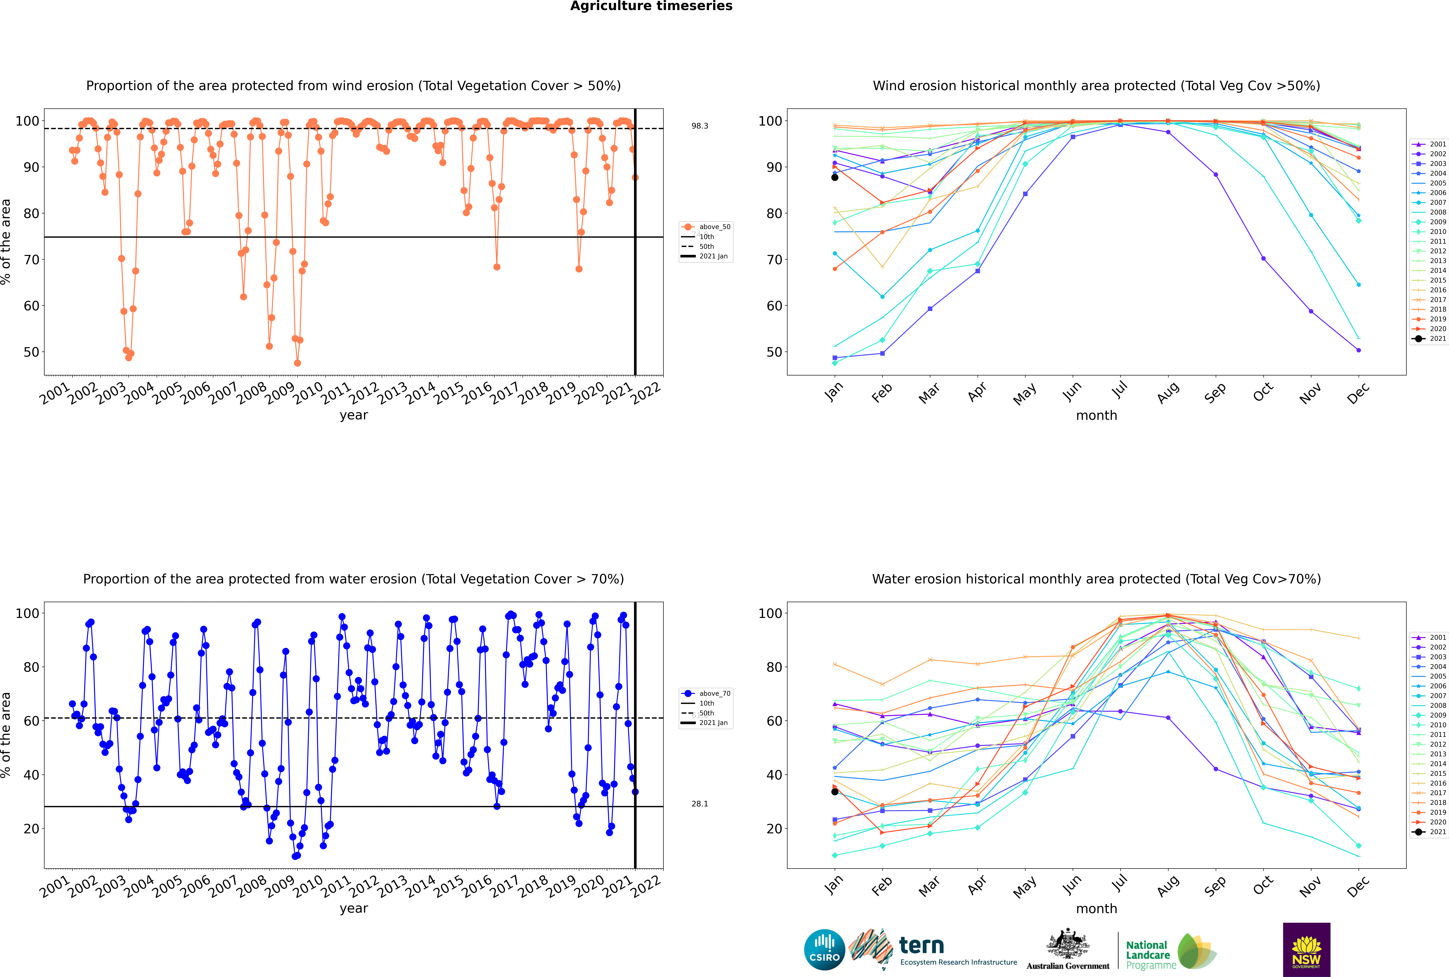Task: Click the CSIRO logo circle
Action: [x=824, y=950]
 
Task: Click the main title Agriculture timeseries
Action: [x=651, y=6]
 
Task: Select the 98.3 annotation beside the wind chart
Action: [x=700, y=126]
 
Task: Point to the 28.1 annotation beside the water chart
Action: [x=700, y=804]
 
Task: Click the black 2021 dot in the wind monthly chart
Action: [x=835, y=178]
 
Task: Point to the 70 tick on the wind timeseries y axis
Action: [x=31, y=260]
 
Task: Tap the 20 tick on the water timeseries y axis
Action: [x=31, y=829]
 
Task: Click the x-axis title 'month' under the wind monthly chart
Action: [x=1096, y=416]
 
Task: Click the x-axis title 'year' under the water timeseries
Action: [x=353, y=908]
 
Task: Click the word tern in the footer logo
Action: [x=921, y=946]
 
